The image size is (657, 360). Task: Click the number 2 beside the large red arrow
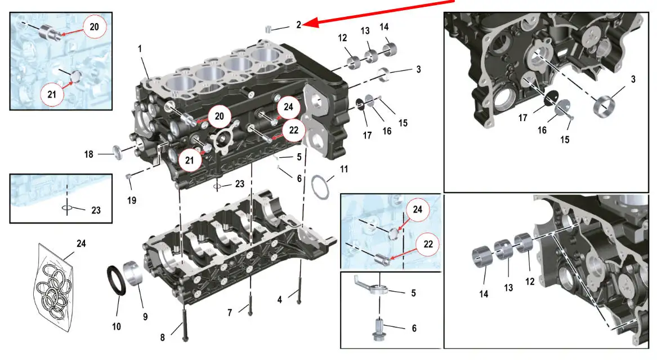(x=299, y=25)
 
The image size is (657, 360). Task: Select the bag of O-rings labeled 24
(x=53, y=287)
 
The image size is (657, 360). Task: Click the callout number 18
(x=89, y=154)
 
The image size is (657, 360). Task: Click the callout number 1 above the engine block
(x=140, y=49)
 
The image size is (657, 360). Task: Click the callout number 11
(x=344, y=170)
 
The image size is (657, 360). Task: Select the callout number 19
(x=132, y=201)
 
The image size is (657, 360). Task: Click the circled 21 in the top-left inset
(x=52, y=94)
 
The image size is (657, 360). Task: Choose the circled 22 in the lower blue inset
(x=428, y=244)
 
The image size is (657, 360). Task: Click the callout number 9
(x=145, y=317)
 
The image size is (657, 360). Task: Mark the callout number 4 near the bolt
(x=280, y=300)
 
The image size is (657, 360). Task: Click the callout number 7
(x=230, y=313)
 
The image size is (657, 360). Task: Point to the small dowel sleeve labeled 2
(x=269, y=29)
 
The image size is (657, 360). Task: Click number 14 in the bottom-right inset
(x=484, y=294)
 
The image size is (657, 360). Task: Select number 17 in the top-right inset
(x=522, y=118)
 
